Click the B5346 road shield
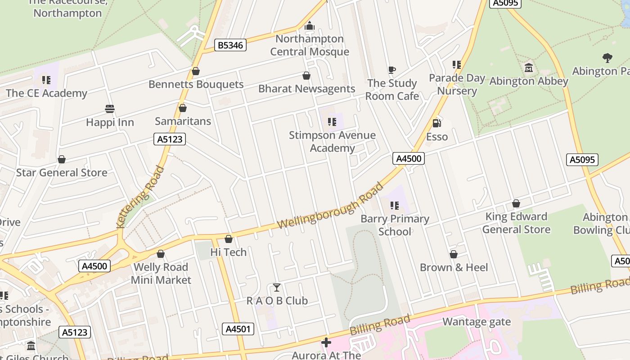(x=230, y=45)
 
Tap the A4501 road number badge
(x=238, y=329)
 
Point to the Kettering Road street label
(x=140, y=197)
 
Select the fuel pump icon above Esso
(x=436, y=123)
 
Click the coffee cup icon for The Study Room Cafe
(x=392, y=70)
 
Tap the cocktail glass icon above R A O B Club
(x=277, y=288)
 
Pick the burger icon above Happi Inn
(x=110, y=109)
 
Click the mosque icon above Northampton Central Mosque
(x=309, y=26)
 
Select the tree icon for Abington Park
(x=607, y=58)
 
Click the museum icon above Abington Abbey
(x=529, y=68)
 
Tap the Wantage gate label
(x=477, y=322)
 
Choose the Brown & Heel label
(x=454, y=267)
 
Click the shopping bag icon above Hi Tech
(x=229, y=239)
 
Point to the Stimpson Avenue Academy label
(x=332, y=142)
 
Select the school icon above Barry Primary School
(x=395, y=206)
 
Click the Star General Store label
(x=62, y=172)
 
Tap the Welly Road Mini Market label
(x=161, y=274)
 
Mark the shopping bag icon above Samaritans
(x=183, y=108)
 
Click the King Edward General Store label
(x=516, y=223)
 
